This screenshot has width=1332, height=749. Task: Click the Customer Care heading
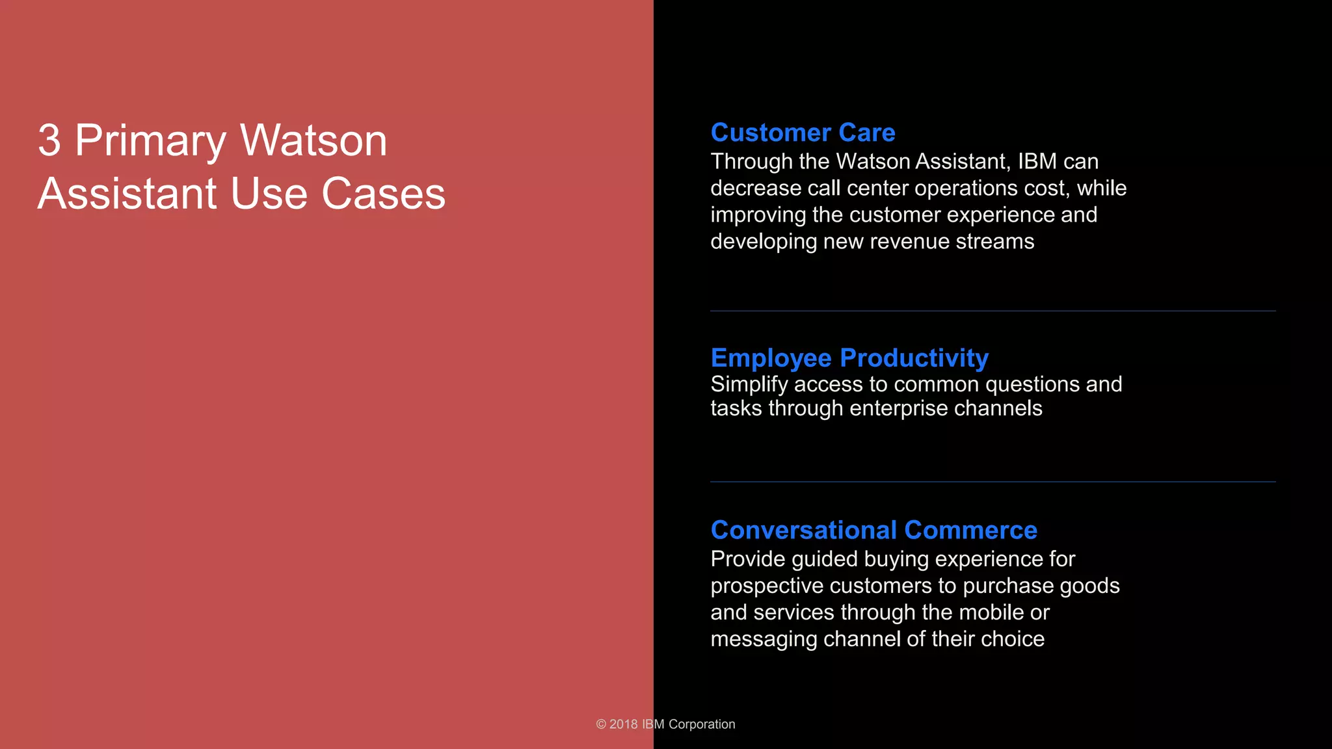coord(803,133)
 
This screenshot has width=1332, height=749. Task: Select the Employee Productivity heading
coord(849,358)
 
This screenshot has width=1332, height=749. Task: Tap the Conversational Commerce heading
coord(873,530)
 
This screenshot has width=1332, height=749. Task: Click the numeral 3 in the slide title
coord(49,140)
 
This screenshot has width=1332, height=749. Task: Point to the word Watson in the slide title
coord(313,140)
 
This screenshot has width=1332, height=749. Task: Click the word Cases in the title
coord(383,194)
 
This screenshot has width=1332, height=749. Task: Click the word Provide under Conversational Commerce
coord(748,559)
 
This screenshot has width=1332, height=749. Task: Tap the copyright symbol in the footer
coord(601,724)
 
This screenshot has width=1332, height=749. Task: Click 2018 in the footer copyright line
coord(623,724)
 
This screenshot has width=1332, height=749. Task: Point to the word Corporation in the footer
coord(702,724)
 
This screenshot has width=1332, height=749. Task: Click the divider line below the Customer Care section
coord(992,311)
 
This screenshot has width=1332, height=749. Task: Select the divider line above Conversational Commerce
coord(992,482)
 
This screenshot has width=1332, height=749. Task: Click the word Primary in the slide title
coord(151,142)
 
